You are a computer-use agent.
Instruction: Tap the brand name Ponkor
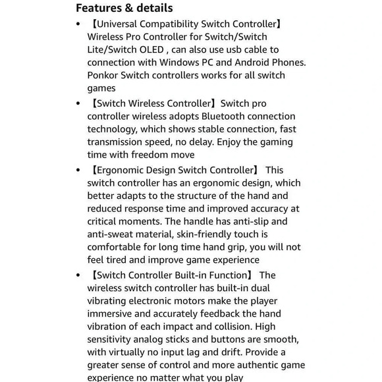pos(105,75)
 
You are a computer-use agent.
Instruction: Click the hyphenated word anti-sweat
pos(112,234)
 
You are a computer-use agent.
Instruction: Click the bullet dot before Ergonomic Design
pos(78,171)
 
